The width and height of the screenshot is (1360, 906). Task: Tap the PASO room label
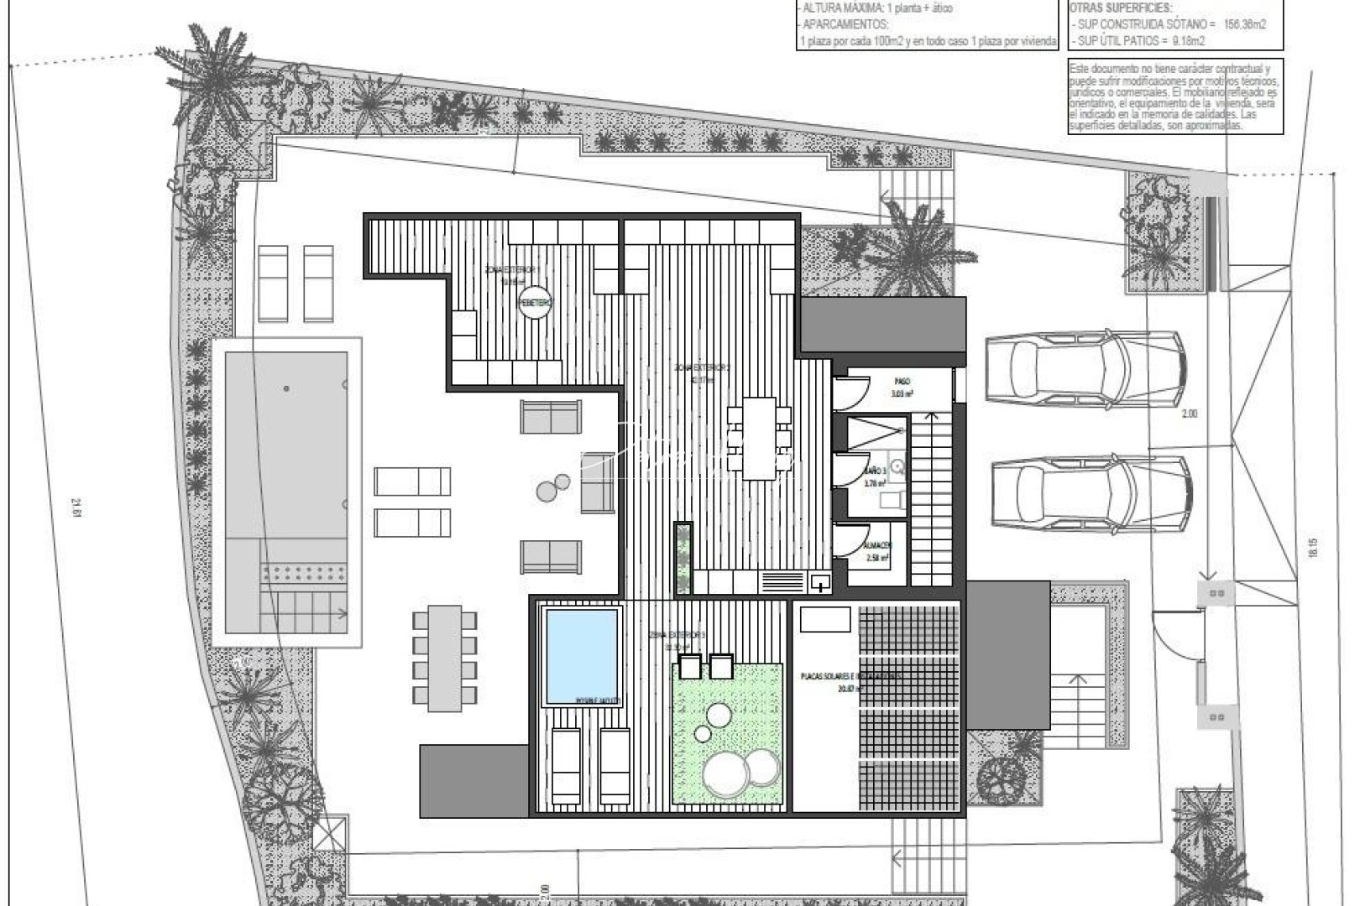tap(902, 382)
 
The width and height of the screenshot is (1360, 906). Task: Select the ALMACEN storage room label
tap(878, 545)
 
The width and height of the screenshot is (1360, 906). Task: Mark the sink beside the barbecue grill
tap(820, 581)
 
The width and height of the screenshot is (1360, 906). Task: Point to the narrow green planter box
tap(684, 558)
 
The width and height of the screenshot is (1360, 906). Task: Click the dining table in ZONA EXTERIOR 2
tap(759, 438)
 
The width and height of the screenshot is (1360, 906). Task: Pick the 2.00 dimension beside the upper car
tap(1189, 414)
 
